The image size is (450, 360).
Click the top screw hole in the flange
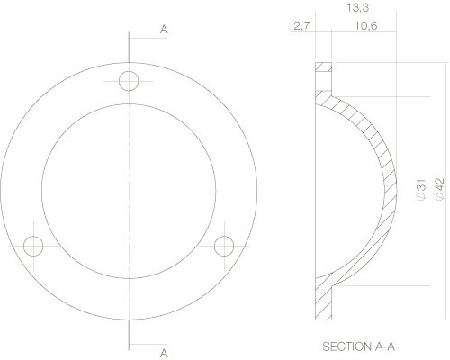[130, 80]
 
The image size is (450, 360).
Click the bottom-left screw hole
[34, 245]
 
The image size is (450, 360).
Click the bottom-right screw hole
[224, 244]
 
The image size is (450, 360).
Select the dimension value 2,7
[301, 27]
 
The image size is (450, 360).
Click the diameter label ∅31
[420, 189]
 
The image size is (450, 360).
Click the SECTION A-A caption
[357, 346]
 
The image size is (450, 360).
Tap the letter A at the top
[164, 30]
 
